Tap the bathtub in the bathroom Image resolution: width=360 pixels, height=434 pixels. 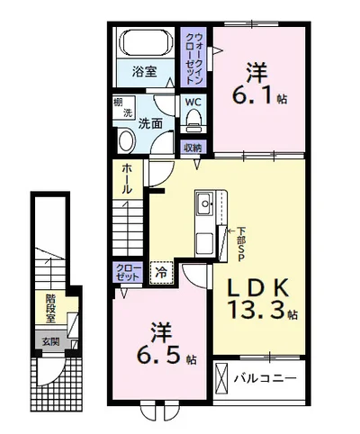point(147,44)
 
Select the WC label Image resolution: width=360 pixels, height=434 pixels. point(193,102)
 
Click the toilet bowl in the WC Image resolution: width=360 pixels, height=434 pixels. point(194,122)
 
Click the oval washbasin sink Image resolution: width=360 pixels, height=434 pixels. point(125,140)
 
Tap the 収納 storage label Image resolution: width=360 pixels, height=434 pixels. point(193,147)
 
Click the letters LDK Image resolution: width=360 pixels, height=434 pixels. point(257,286)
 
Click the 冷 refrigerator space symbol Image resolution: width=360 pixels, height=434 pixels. point(161,268)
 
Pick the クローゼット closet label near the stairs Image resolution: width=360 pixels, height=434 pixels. point(127,272)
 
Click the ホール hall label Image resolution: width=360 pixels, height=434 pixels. point(126,180)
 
